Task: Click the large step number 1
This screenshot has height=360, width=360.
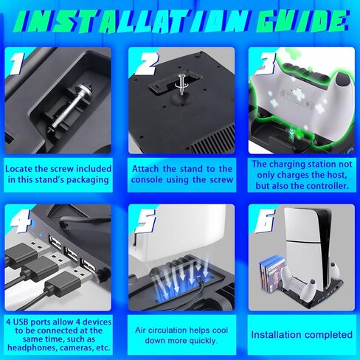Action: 17,63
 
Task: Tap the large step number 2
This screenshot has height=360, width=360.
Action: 147,63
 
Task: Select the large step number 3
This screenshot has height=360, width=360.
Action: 266,63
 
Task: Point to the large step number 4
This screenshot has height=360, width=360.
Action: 21,221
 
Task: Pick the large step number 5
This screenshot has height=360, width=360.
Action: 146,221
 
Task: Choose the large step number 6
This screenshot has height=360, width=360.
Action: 265,221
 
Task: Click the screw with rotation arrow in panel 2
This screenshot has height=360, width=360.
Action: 181,84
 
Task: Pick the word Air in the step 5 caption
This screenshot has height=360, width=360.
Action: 141,330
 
